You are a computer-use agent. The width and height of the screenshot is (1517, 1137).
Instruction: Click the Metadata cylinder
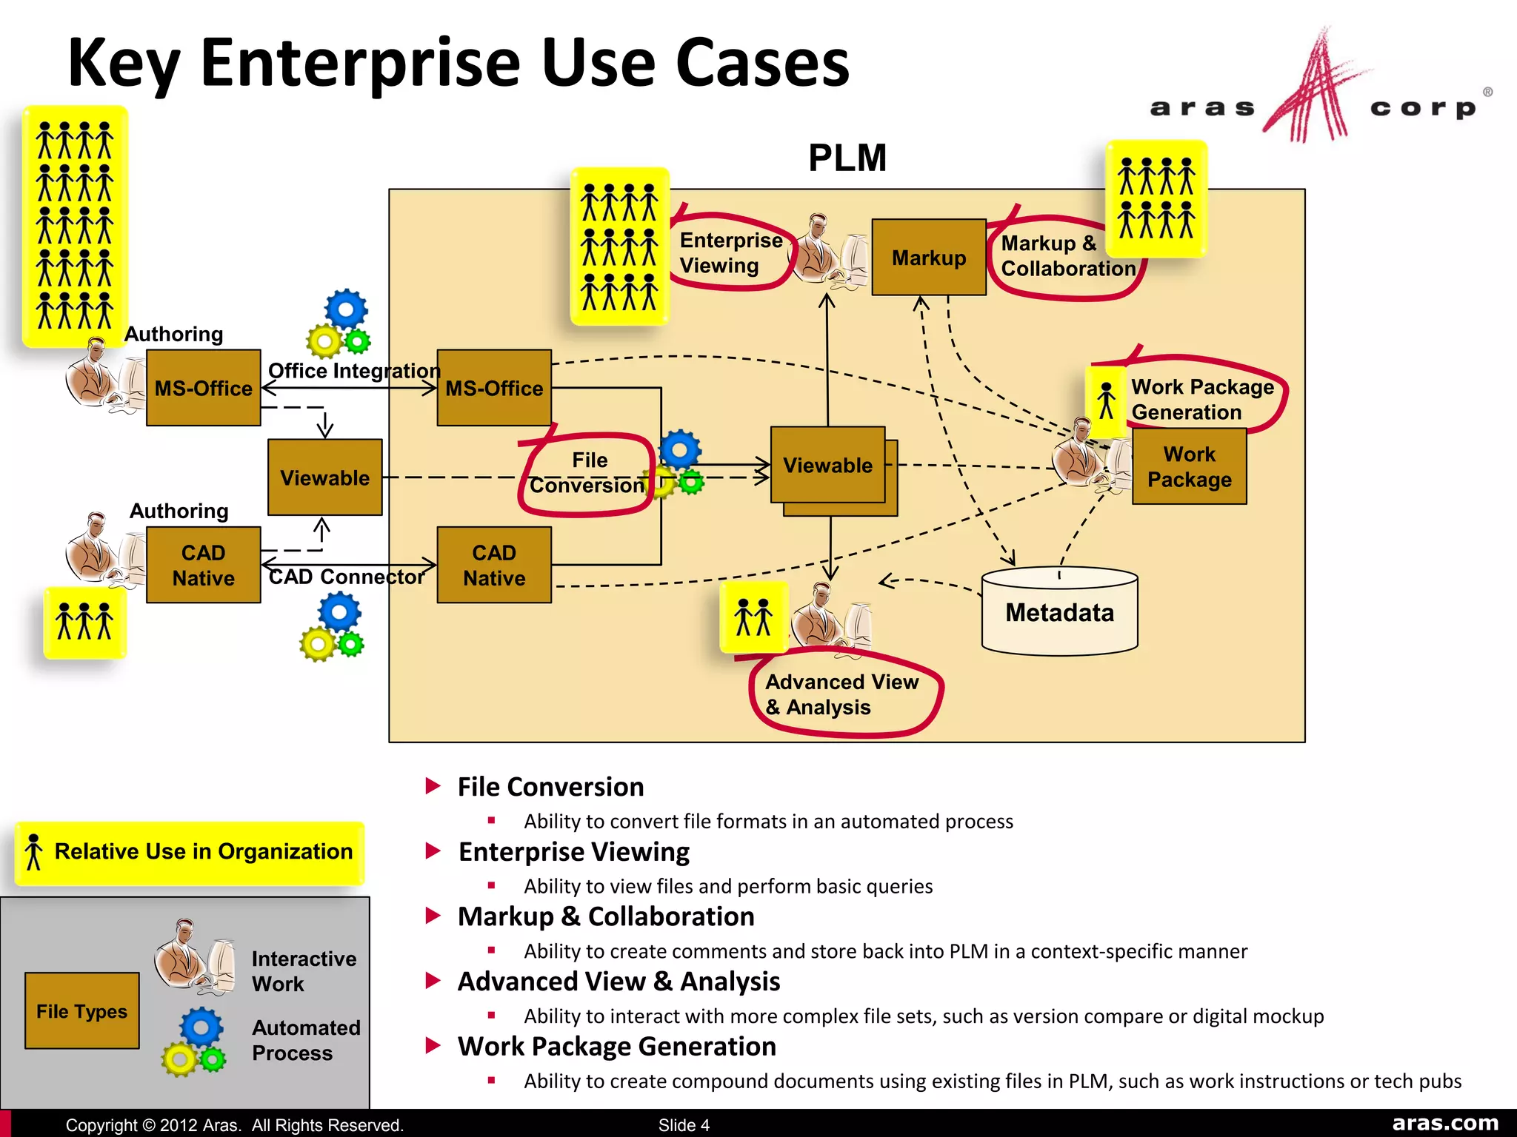pyautogui.click(x=1059, y=612)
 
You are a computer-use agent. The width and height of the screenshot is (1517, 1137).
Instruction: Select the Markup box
pyautogui.click(x=928, y=258)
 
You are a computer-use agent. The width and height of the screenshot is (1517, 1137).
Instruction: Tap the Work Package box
pyautogui.click(x=1189, y=467)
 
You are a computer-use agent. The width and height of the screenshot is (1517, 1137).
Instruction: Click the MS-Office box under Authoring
pyautogui.click(x=203, y=388)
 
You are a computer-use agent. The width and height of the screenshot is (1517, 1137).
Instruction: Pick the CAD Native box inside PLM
pyautogui.click(x=494, y=565)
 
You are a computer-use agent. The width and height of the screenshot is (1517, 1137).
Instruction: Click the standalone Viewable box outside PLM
pyautogui.click(x=324, y=477)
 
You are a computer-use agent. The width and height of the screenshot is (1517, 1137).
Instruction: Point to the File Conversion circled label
pyautogui.click(x=587, y=474)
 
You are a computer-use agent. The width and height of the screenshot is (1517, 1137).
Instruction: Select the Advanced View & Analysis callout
pyautogui.click(x=843, y=694)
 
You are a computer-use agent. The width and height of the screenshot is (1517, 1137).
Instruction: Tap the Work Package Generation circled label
pyautogui.click(x=1201, y=399)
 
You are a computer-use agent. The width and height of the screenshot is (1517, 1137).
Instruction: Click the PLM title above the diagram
pyautogui.click(x=847, y=158)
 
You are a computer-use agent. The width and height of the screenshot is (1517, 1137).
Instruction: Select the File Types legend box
pyautogui.click(x=81, y=1010)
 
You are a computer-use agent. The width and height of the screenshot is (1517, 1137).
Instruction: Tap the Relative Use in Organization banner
pyautogui.click(x=190, y=852)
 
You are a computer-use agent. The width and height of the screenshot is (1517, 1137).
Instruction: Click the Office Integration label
pyautogui.click(x=353, y=370)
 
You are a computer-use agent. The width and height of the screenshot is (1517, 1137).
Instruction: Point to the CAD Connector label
pyautogui.click(x=346, y=577)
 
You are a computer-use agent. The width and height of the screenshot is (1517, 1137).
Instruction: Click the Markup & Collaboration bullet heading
pyautogui.click(x=605, y=916)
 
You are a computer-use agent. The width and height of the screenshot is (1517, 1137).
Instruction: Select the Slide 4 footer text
pyautogui.click(x=684, y=1125)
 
